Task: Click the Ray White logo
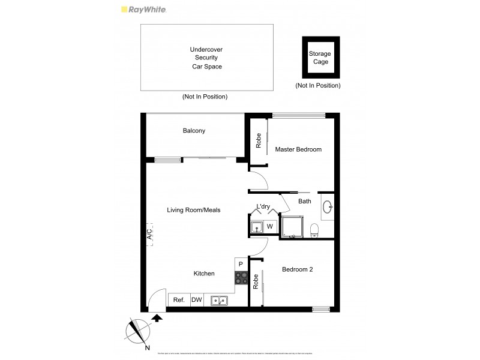pyautogui.click(x=143, y=9)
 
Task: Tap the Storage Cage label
pyautogui.click(x=320, y=58)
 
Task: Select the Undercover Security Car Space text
pyautogui.click(x=206, y=58)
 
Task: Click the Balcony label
pyautogui.click(x=194, y=131)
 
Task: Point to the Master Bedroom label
pyautogui.click(x=298, y=149)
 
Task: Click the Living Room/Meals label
pyautogui.click(x=194, y=210)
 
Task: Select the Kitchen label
pyautogui.click(x=204, y=274)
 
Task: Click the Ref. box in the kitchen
pyautogui.click(x=179, y=300)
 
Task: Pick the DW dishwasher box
pyautogui.click(x=196, y=300)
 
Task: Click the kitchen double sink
pyautogui.click(x=218, y=300)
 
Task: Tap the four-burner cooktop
pyautogui.click(x=241, y=278)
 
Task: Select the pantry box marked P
pyautogui.click(x=241, y=264)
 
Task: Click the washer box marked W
pyautogui.click(x=270, y=227)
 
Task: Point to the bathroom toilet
pyautogui.click(x=314, y=229)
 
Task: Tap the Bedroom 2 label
pyautogui.click(x=298, y=270)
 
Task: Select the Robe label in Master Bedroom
pyautogui.click(x=259, y=141)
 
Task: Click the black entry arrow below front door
pyautogui.click(x=158, y=318)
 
